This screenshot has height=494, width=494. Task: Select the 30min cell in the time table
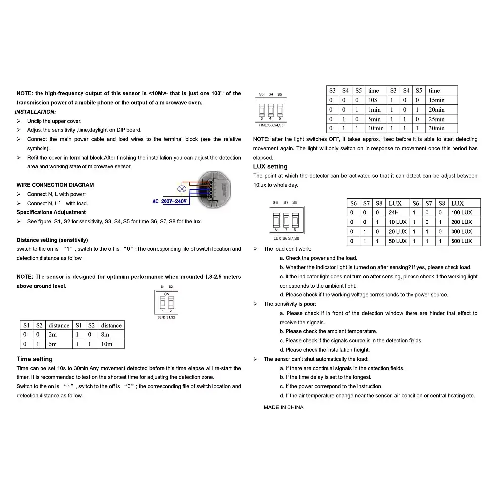[441, 128]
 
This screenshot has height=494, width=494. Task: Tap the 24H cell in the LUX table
[397, 212]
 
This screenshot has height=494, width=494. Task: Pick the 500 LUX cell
[464, 241]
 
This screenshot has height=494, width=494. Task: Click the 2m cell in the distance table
[59, 334]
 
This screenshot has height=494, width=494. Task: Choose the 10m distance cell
[111, 344]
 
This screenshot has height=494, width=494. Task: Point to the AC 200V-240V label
[169, 201]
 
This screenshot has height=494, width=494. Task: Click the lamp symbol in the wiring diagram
[182, 189]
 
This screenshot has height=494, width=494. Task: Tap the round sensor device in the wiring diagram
[215, 190]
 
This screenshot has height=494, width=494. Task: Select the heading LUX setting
[270, 166]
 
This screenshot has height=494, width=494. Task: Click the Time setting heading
[35, 359]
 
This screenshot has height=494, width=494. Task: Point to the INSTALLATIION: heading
[36, 112]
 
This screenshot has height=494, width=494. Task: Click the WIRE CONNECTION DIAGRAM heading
[55, 185]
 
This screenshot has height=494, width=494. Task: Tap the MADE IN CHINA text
[284, 408]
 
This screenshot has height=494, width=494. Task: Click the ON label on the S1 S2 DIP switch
[166, 294]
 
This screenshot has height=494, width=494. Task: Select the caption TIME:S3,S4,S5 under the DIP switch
[271, 125]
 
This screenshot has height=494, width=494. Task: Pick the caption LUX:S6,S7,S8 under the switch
[287, 238]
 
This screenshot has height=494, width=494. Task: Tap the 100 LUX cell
[464, 212]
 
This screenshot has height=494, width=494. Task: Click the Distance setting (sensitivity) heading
[52, 240]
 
